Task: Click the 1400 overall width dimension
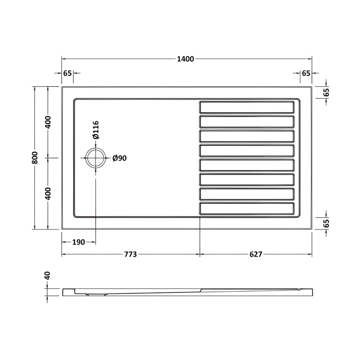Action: pyautogui.click(x=186, y=59)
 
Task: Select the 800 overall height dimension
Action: pyautogui.click(x=35, y=158)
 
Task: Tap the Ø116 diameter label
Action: pyautogui.click(x=96, y=130)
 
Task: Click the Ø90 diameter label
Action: pyautogui.click(x=119, y=158)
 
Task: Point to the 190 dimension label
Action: pyautogui.click(x=79, y=242)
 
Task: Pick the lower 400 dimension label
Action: pyautogui.click(x=48, y=193)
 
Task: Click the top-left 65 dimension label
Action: pyautogui.click(x=67, y=73)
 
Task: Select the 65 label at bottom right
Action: pyautogui.click(x=327, y=222)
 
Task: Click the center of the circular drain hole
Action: pyautogui.click(x=96, y=158)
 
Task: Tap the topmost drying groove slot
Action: pyautogui.click(x=247, y=107)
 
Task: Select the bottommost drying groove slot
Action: pyautogui.click(x=247, y=209)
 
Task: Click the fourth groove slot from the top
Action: pyautogui.click(x=247, y=150)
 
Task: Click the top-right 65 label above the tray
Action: pyautogui.click(x=306, y=73)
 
